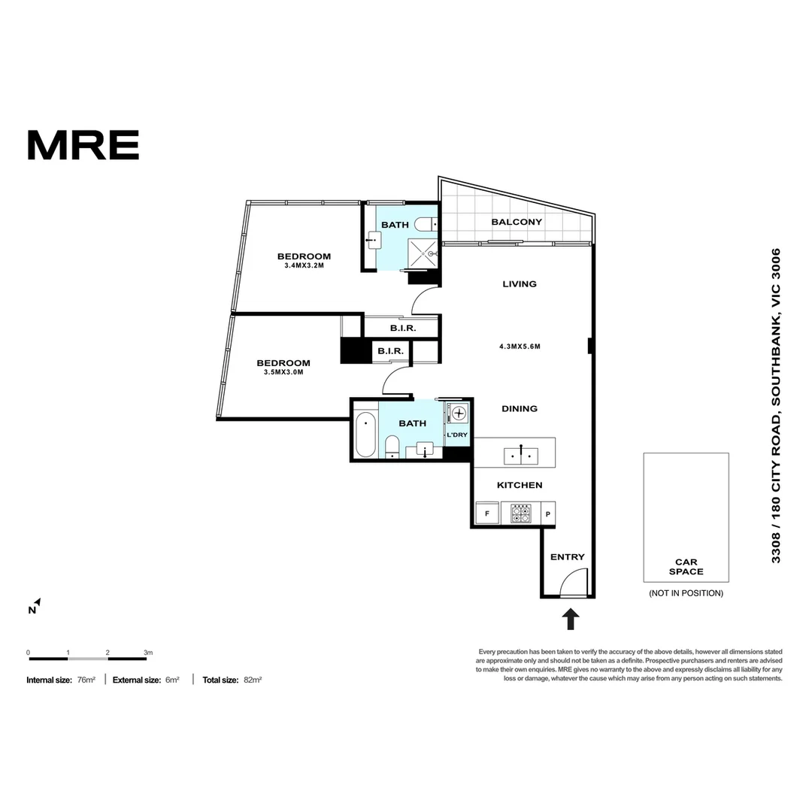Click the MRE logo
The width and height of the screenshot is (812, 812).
coord(83,145)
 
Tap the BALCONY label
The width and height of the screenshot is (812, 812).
coord(517,222)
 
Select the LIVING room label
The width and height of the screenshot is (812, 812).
coord(520,284)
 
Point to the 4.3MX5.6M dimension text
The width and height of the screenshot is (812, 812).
coord(520,347)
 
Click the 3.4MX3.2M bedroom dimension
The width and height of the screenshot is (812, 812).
coord(303,265)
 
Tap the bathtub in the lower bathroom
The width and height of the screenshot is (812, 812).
coord(365,435)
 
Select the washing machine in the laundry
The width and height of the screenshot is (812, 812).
coord(458,413)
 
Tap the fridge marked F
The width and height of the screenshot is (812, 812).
coord(487,514)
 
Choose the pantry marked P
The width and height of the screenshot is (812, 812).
coord(547,514)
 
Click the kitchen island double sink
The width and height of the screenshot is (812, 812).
coord(520,454)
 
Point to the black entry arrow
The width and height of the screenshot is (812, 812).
coord(571,619)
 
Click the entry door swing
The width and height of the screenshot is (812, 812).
coord(574,582)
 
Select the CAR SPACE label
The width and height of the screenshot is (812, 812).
coord(686,567)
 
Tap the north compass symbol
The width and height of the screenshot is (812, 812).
coord(35,606)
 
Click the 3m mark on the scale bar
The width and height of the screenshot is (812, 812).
coord(148,653)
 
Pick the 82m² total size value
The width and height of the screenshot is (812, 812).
coord(252,680)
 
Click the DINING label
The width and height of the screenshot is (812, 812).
coord(520,409)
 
